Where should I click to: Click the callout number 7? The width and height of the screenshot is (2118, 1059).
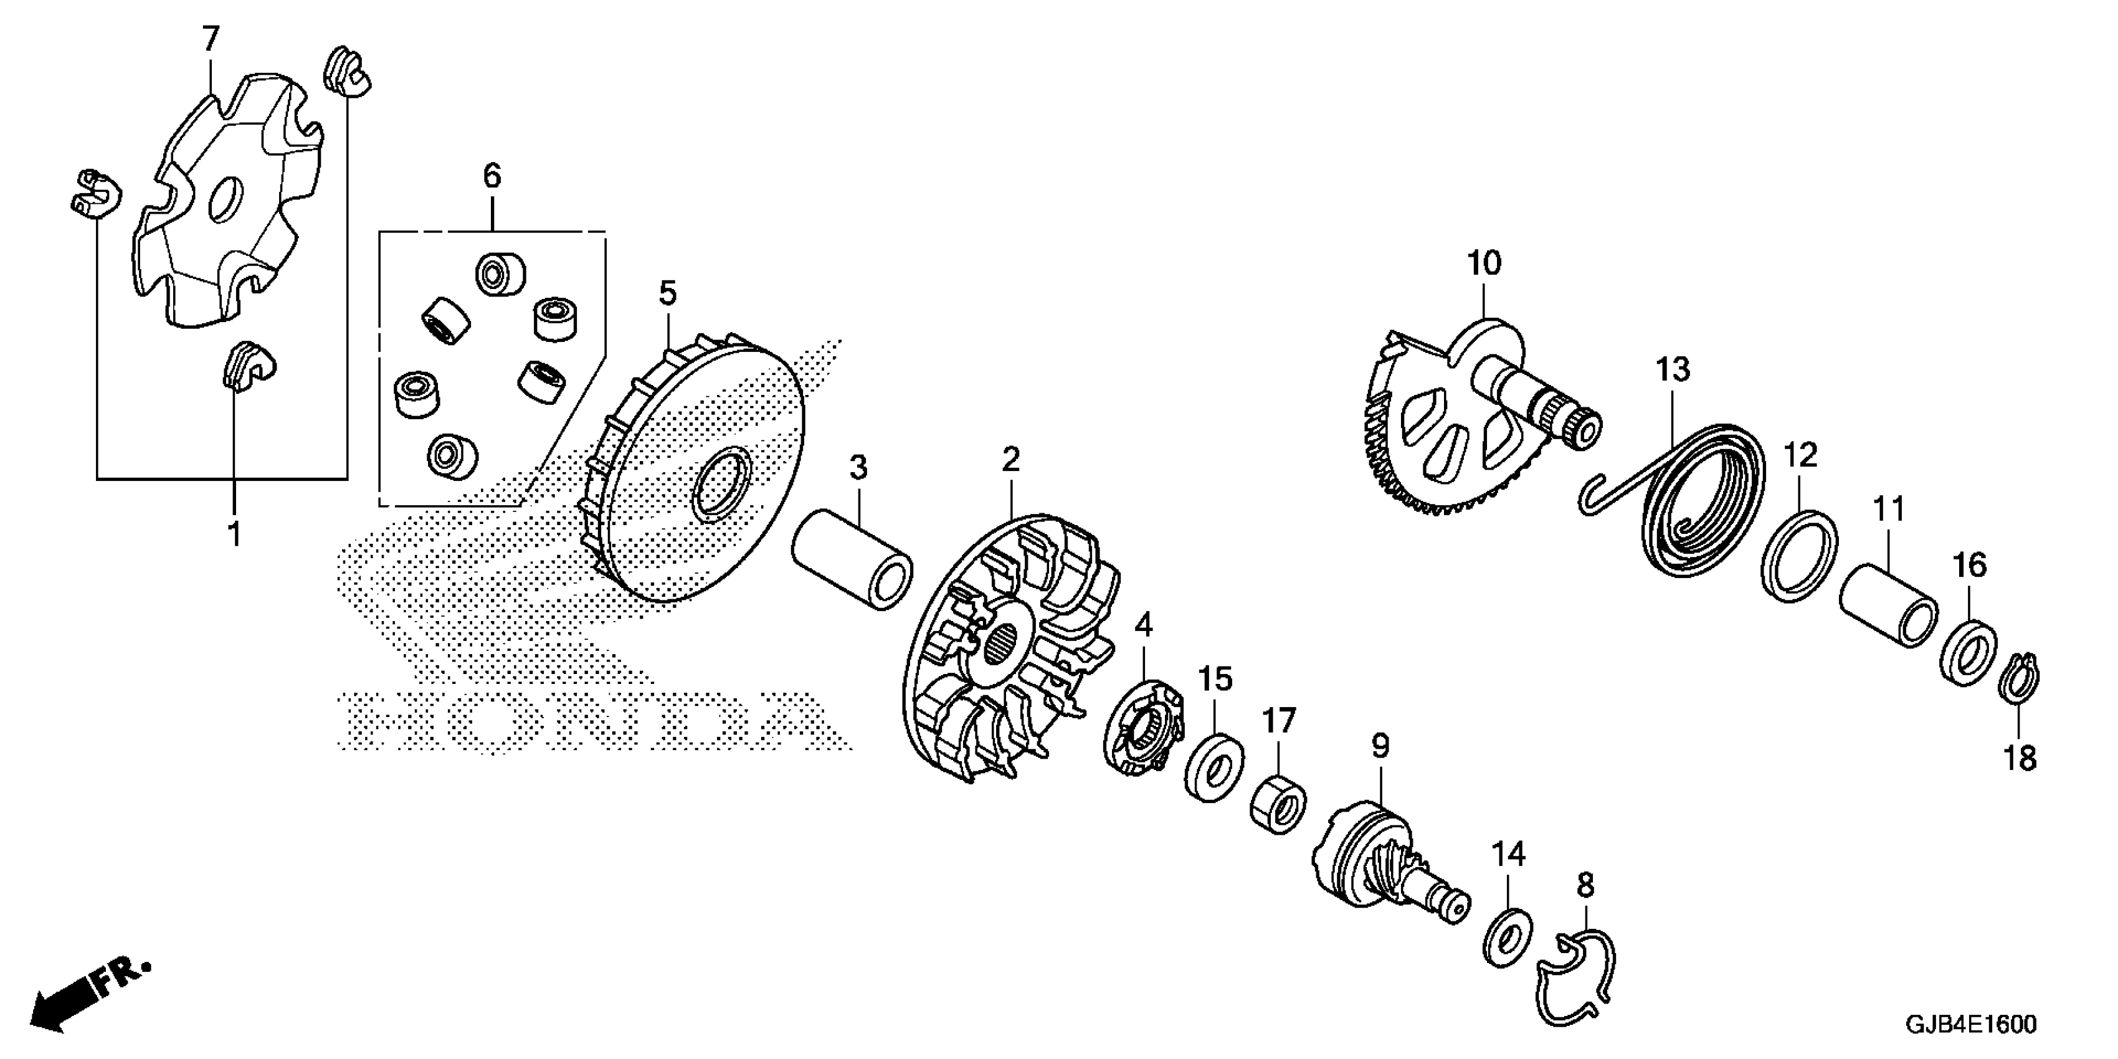click(x=211, y=38)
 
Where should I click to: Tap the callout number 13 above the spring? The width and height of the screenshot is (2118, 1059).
click(x=1673, y=370)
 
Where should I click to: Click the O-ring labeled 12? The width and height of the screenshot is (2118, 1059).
click(x=1799, y=554)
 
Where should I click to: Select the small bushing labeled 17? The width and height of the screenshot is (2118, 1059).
click(x=1278, y=801)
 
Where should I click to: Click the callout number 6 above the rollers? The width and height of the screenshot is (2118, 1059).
click(x=492, y=175)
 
